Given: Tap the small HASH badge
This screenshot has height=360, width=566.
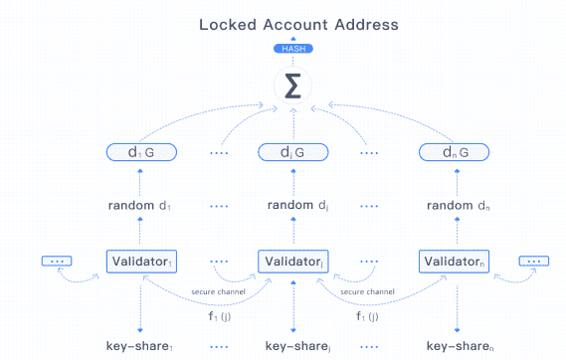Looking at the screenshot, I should (291, 49).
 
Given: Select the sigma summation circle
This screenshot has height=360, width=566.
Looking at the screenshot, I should (291, 88).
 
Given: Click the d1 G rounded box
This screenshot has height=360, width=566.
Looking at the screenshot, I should (140, 153).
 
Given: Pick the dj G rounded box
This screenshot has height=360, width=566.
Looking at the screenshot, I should (291, 153).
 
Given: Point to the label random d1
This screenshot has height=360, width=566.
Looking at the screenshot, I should (140, 206).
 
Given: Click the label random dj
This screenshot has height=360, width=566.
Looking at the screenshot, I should (291, 206).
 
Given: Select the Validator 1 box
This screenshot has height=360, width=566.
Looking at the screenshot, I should (140, 261).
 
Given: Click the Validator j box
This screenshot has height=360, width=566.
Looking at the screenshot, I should (291, 261).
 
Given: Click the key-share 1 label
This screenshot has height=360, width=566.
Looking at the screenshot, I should (140, 346).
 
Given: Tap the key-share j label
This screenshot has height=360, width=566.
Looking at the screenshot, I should (291, 346).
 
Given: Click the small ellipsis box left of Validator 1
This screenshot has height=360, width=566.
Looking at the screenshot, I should (57, 261).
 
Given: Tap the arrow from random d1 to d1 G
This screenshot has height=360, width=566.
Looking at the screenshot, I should (140, 180).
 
